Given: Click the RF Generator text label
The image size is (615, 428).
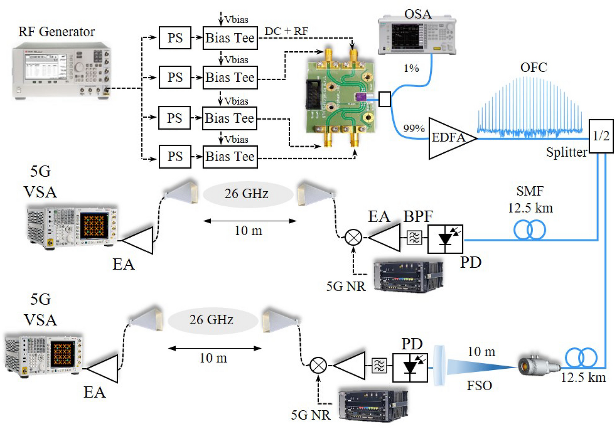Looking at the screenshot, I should (x=57, y=32).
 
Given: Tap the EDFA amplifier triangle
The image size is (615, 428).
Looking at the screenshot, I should (x=449, y=138).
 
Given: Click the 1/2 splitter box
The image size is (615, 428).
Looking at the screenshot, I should (x=601, y=136).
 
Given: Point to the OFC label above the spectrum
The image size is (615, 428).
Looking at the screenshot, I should (x=533, y=67).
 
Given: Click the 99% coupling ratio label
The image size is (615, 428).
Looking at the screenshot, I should (x=414, y=128).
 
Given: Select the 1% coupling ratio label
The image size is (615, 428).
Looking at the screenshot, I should (x=411, y=69).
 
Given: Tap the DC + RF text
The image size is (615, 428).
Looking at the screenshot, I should (x=286, y=31).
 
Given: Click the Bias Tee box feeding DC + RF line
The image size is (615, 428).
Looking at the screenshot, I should (x=230, y=38).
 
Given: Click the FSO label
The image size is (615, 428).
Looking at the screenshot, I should (x=479, y=386).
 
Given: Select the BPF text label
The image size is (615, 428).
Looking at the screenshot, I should (x=418, y=216).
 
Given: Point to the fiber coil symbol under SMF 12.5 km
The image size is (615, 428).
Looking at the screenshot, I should (x=530, y=230).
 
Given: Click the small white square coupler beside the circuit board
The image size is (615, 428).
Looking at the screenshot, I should (x=384, y=99).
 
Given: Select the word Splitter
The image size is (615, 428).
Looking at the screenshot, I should (x=566, y=152).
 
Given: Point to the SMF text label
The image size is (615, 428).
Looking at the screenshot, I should (x=530, y=191).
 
